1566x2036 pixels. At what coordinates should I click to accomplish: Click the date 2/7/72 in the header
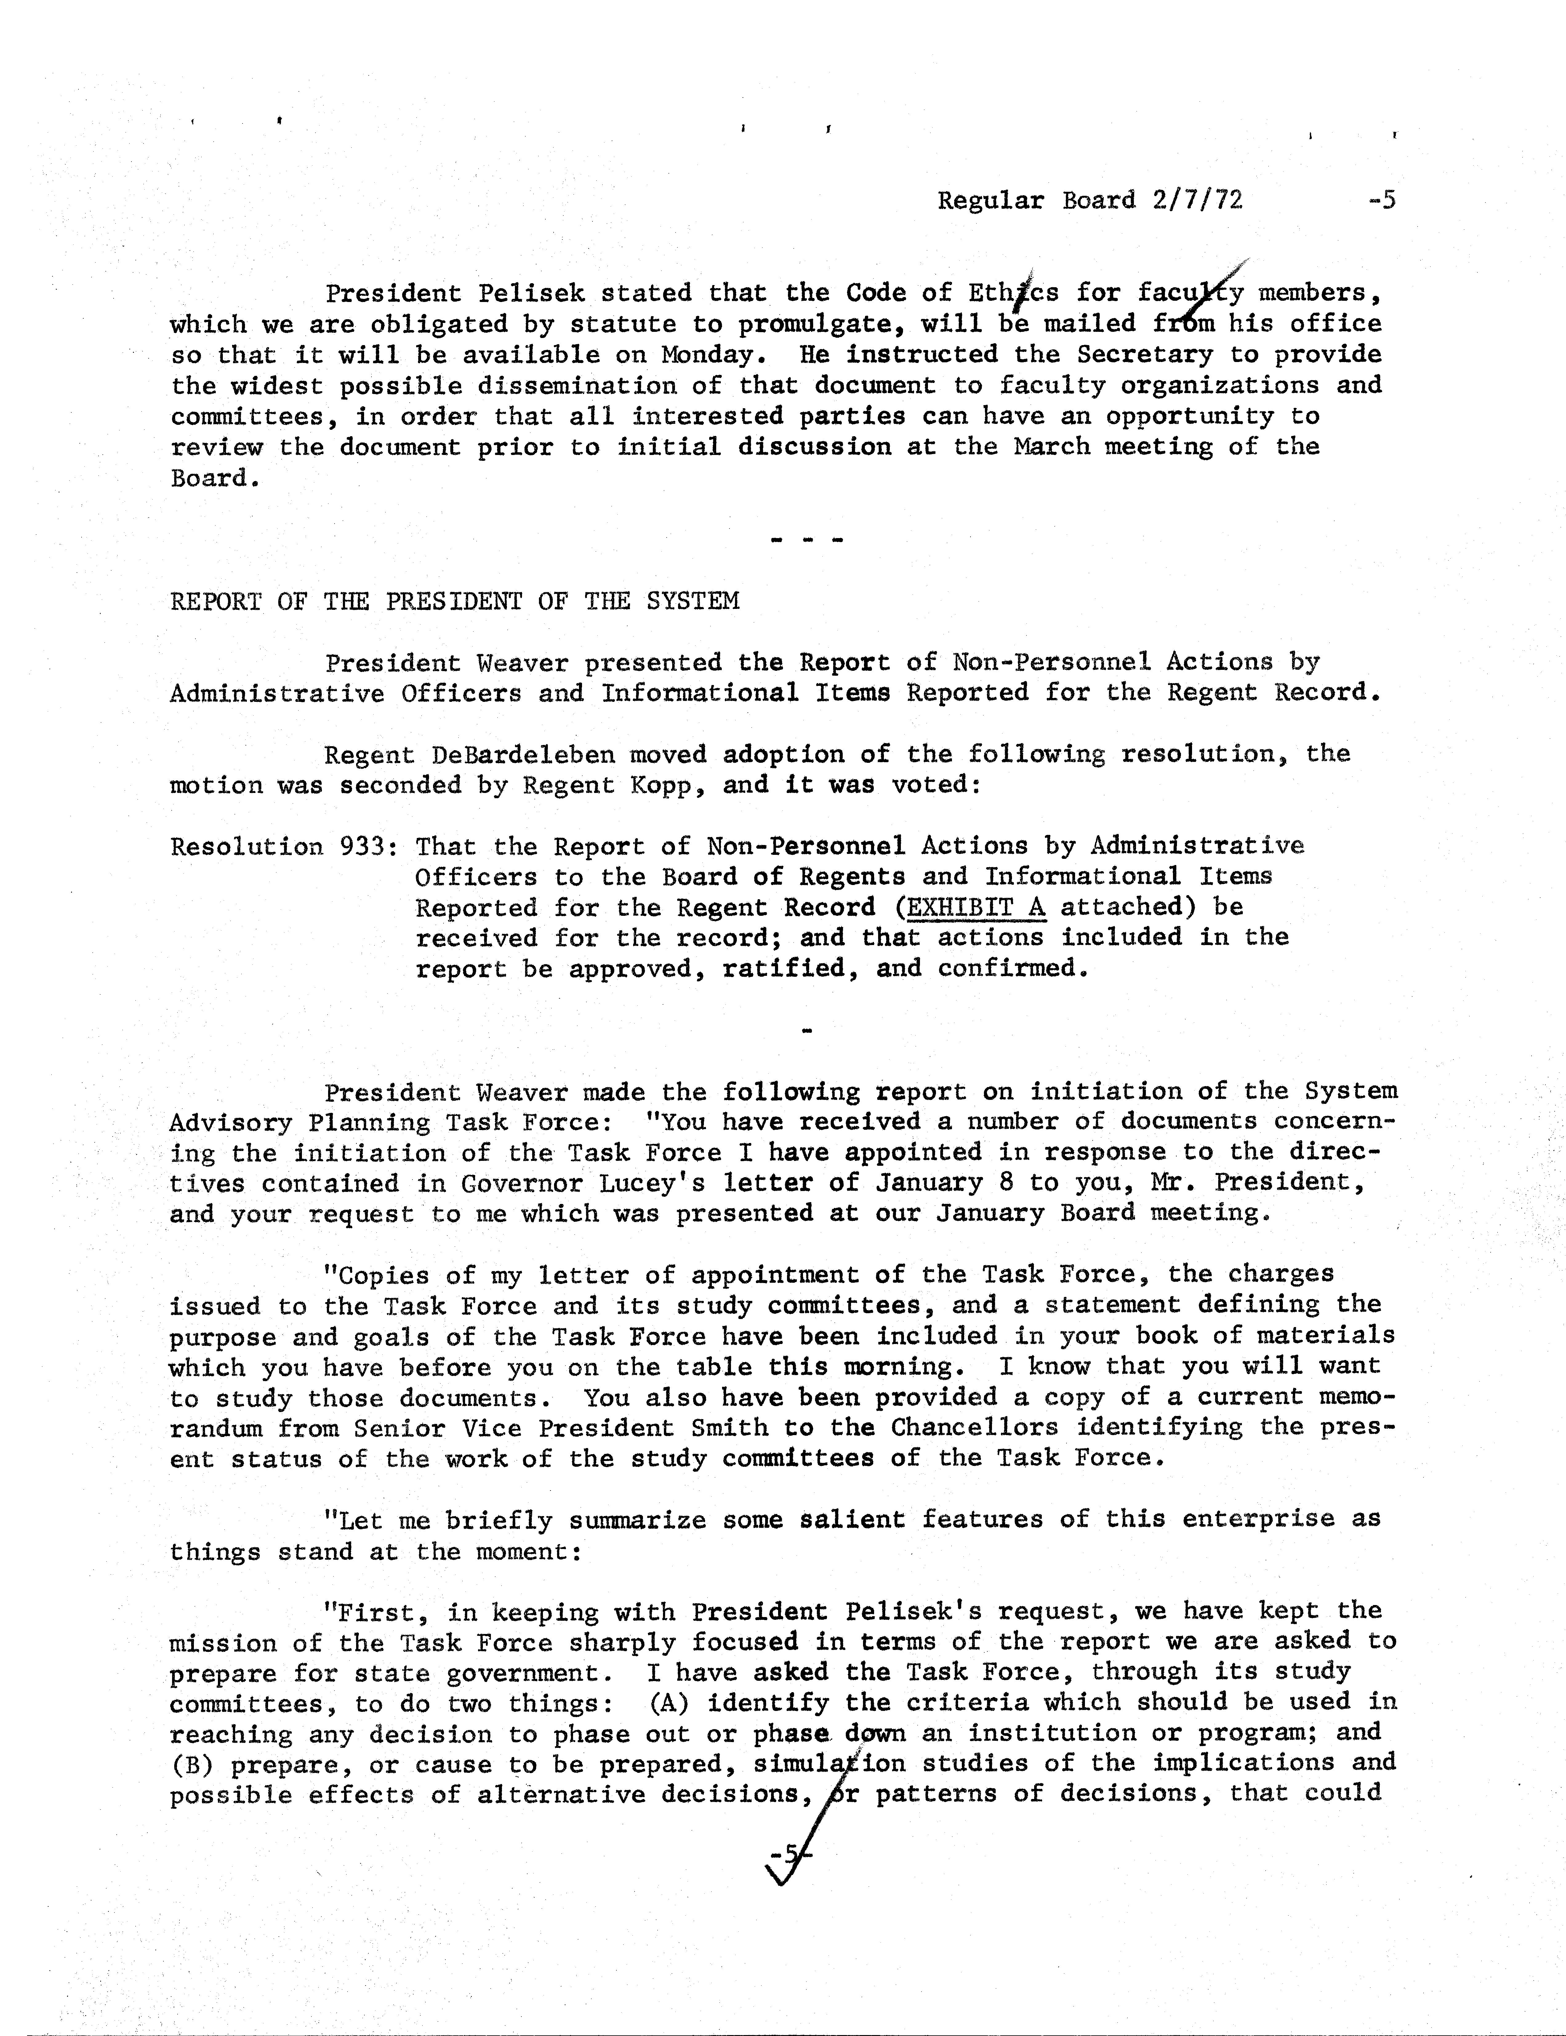(1197, 200)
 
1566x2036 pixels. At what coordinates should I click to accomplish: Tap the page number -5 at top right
(1381, 200)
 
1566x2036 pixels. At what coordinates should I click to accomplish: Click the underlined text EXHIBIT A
(976, 907)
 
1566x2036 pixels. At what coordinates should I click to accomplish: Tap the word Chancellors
(974, 1428)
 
